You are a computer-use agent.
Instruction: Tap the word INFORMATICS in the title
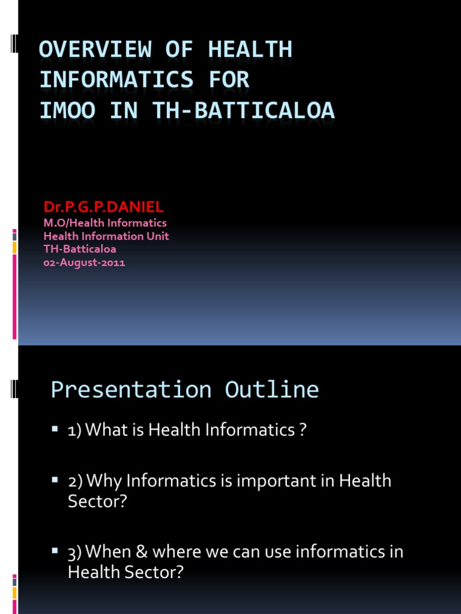(116, 80)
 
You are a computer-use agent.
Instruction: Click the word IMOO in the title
(68, 111)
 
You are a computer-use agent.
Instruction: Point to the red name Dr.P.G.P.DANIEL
(103, 207)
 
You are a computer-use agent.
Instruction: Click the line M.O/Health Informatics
(105, 224)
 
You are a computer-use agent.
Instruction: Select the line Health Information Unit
(106, 236)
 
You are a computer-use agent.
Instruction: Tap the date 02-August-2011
(84, 262)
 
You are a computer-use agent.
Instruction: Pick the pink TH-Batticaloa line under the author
(80, 249)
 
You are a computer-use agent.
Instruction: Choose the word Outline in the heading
(272, 390)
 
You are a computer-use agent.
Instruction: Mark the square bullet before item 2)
(55, 480)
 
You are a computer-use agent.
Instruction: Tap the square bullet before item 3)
(55, 550)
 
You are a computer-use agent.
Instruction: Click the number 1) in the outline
(75, 430)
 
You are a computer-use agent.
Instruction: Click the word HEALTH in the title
(250, 50)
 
